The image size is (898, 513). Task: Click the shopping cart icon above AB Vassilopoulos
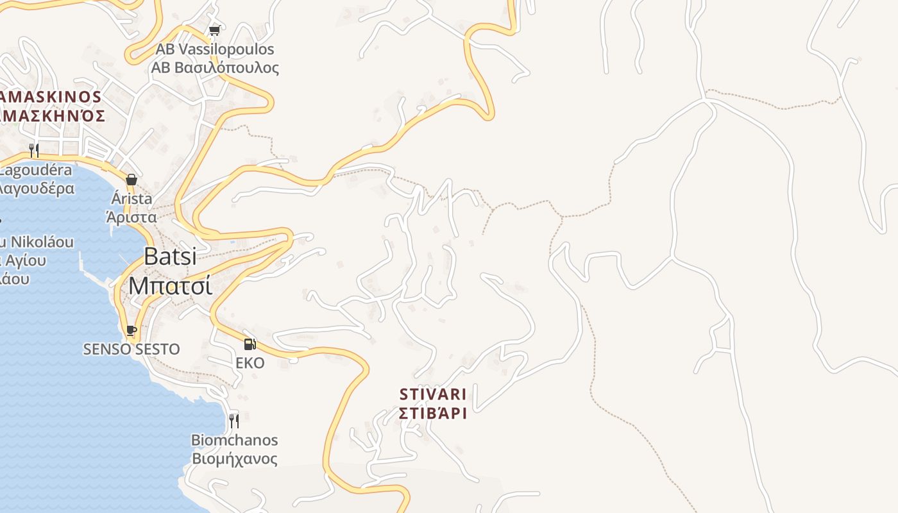(x=215, y=30)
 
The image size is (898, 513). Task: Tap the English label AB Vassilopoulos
(x=215, y=49)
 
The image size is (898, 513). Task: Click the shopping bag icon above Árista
(x=131, y=180)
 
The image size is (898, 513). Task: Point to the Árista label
(x=131, y=199)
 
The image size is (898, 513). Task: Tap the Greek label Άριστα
(x=131, y=217)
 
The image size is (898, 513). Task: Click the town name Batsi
(x=170, y=256)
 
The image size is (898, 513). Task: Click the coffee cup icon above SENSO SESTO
(x=131, y=331)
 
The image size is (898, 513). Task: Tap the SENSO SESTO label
(x=131, y=349)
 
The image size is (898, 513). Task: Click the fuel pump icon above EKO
(x=250, y=344)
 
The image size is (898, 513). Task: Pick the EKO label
(x=250, y=363)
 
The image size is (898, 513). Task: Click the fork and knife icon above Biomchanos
(x=234, y=421)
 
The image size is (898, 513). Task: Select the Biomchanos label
(x=235, y=440)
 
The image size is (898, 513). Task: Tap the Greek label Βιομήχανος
(x=235, y=458)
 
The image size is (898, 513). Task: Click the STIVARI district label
(x=433, y=394)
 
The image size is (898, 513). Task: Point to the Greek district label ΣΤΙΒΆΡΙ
(x=433, y=412)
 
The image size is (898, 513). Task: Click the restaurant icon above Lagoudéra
(x=34, y=151)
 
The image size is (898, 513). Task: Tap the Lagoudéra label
(x=36, y=171)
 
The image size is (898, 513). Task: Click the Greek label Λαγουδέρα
(x=36, y=189)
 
